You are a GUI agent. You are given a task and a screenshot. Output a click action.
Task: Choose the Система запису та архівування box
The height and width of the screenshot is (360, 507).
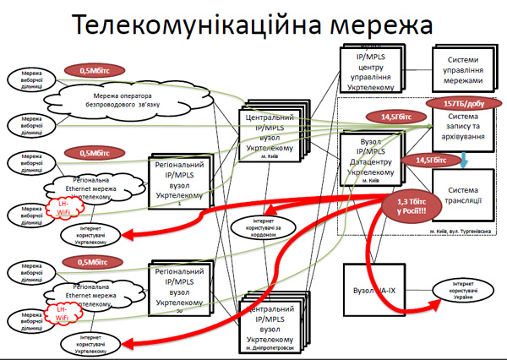pyautogui.click(x=466, y=128)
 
